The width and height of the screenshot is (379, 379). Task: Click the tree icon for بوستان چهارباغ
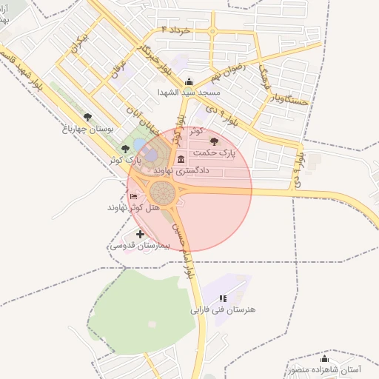[x=88, y=117]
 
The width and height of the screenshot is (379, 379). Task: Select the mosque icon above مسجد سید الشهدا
[x=189, y=82]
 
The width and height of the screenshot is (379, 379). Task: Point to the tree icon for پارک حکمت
[x=215, y=141]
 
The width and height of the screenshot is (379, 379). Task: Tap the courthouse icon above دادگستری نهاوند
[x=181, y=160]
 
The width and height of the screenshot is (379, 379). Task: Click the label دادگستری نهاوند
[x=181, y=170]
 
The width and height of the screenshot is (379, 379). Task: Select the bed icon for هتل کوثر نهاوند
[x=133, y=196]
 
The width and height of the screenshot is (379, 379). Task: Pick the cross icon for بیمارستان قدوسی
[x=140, y=234]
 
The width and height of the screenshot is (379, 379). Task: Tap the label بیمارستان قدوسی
[x=140, y=245]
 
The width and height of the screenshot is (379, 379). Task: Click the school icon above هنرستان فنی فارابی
[x=222, y=298]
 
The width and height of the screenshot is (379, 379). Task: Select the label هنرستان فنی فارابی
[x=223, y=309]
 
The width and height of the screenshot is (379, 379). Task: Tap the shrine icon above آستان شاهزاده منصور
[x=324, y=358]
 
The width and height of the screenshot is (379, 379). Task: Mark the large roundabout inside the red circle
[x=163, y=194]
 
